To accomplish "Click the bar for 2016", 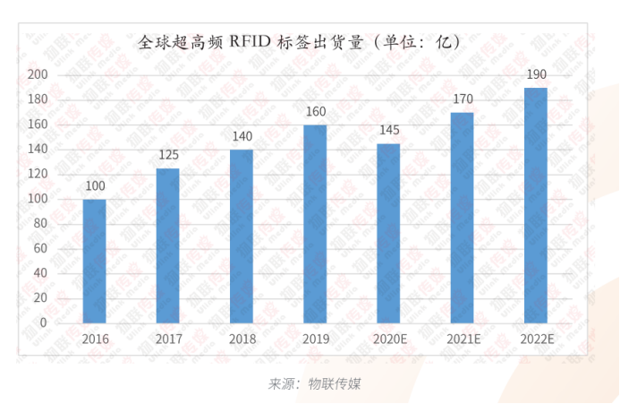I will point(94,261).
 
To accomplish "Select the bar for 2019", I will point(315,224).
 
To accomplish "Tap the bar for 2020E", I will point(388,233).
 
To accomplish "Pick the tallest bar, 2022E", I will point(535,205).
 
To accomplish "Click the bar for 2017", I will point(167,245).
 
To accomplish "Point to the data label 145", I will point(388,130).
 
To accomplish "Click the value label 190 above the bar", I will point(535,74).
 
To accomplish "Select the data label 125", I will point(168,155).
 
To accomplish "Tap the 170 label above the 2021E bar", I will point(462,99).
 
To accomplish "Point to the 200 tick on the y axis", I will point(38,74).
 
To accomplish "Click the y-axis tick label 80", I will point(41,223).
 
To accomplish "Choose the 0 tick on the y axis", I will point(44,322).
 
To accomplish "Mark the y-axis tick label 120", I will point(38,174).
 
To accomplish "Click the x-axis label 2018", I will point(242,340).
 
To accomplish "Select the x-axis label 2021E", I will point(463,340).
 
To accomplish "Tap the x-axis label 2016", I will point(95,340).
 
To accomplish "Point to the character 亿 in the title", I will point(446,41).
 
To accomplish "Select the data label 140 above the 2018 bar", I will point(242,136).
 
